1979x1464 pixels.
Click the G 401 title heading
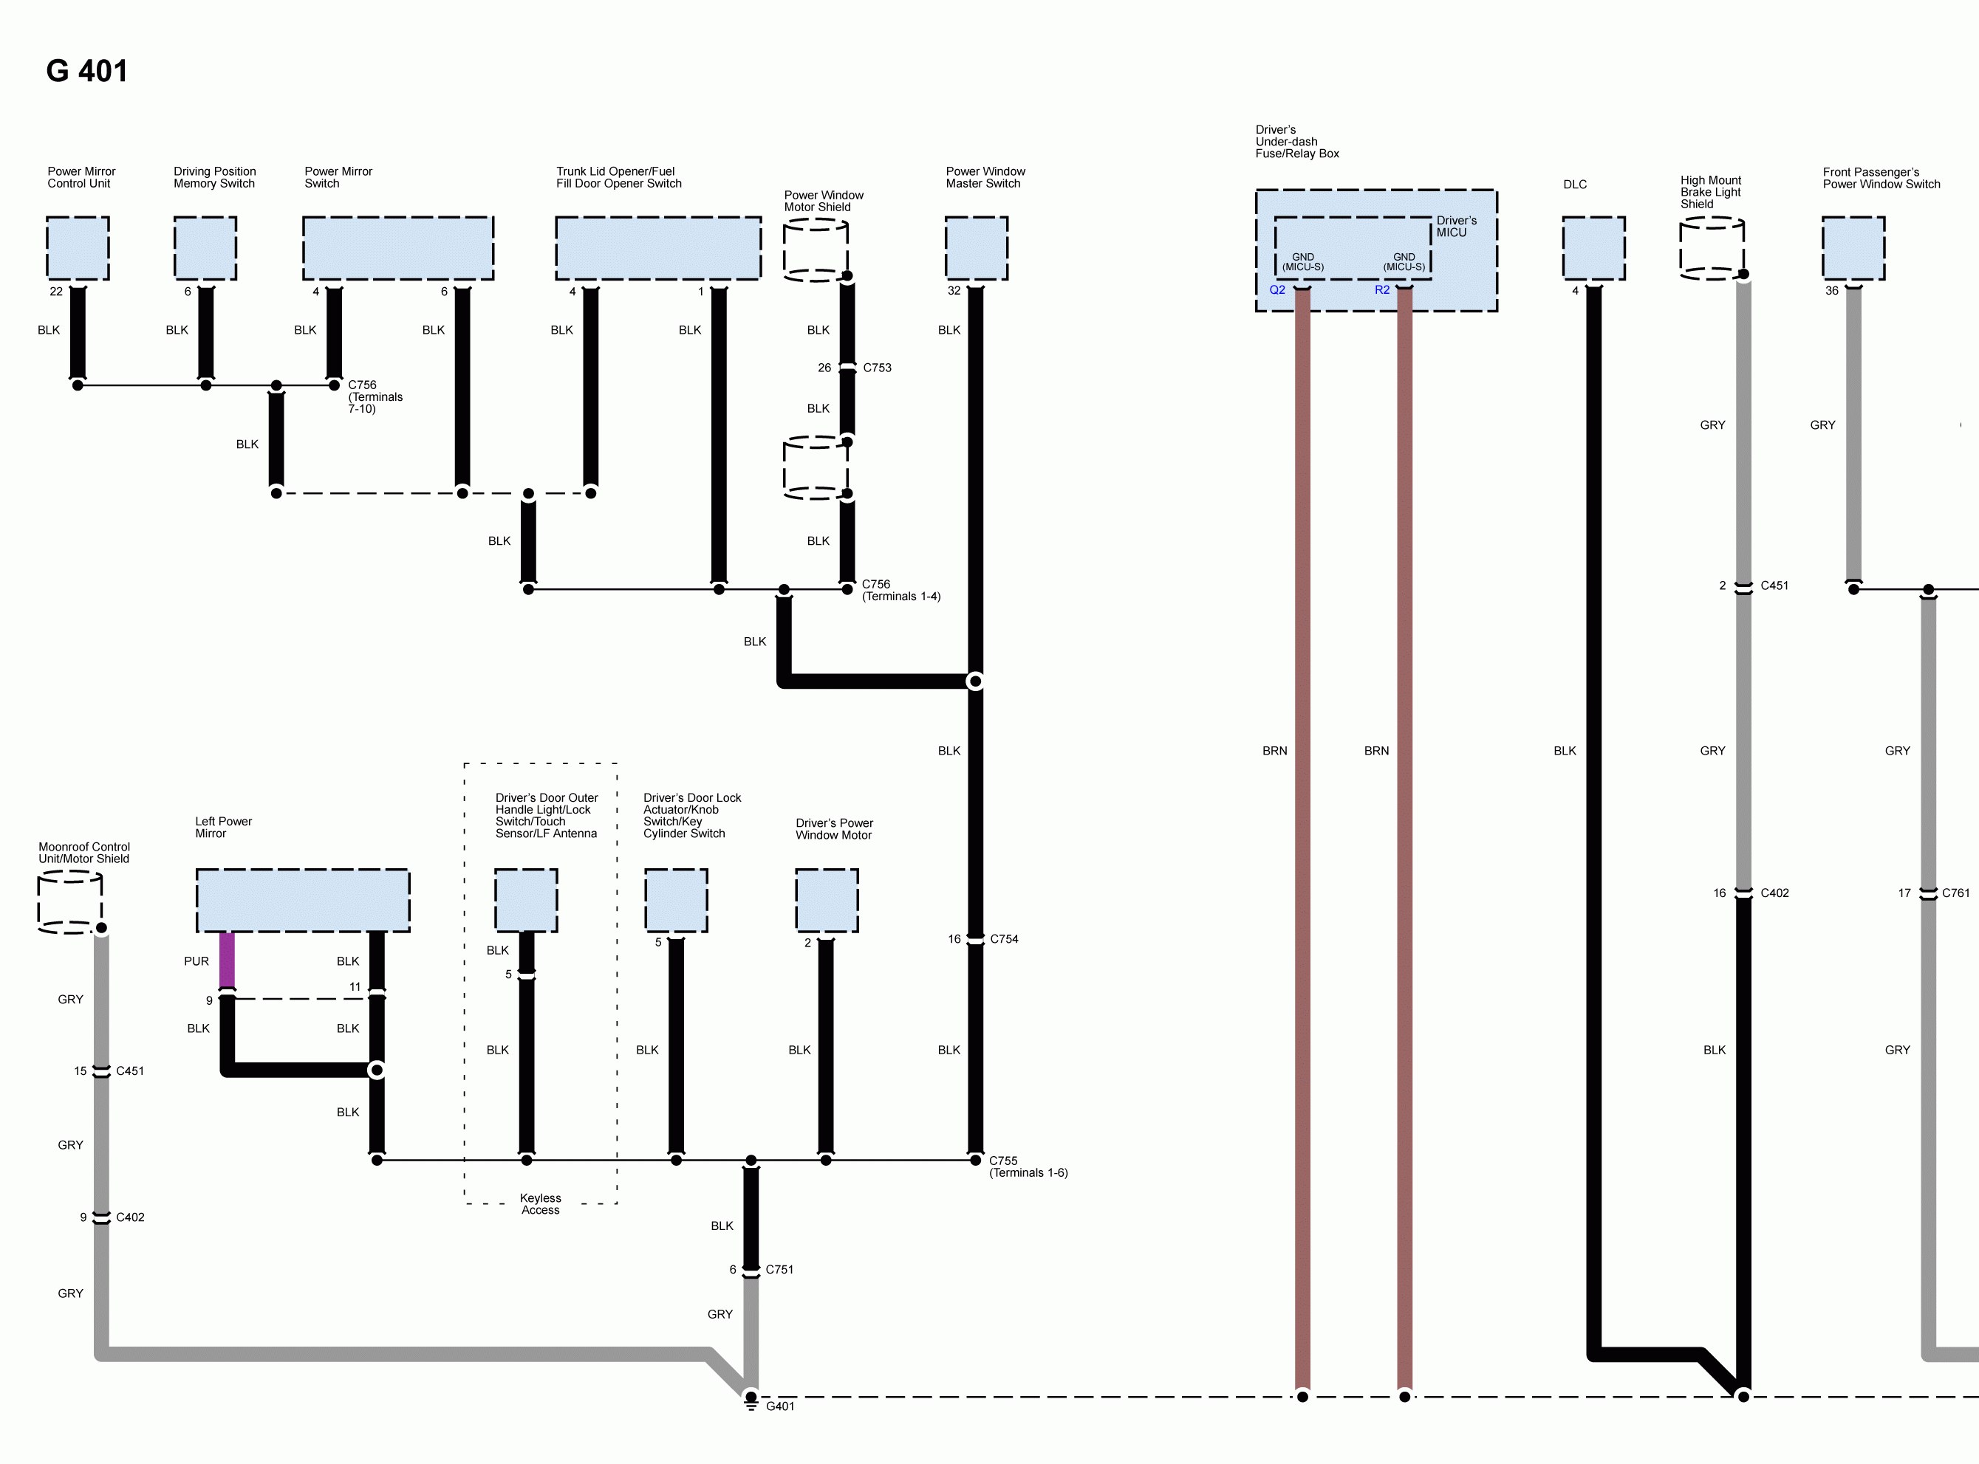87,71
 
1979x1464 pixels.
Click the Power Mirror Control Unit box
78,248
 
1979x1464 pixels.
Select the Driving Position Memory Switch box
205,248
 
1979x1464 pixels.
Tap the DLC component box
1593,248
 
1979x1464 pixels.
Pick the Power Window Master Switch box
976,248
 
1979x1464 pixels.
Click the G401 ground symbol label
780,1406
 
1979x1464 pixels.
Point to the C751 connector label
779,1269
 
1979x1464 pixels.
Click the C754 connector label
1004,938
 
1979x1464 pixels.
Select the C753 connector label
877,367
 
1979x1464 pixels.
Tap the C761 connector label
1955,893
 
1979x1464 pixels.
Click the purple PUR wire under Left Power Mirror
227,960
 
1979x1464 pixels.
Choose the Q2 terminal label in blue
1276,290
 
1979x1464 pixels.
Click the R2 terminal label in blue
1381,290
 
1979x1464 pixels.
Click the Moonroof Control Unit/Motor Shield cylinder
70,901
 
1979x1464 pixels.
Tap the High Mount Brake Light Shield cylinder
1712,248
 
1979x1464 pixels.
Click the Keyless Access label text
540,1203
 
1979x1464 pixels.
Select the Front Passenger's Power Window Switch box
1853,248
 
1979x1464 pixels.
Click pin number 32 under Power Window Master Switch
953,291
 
